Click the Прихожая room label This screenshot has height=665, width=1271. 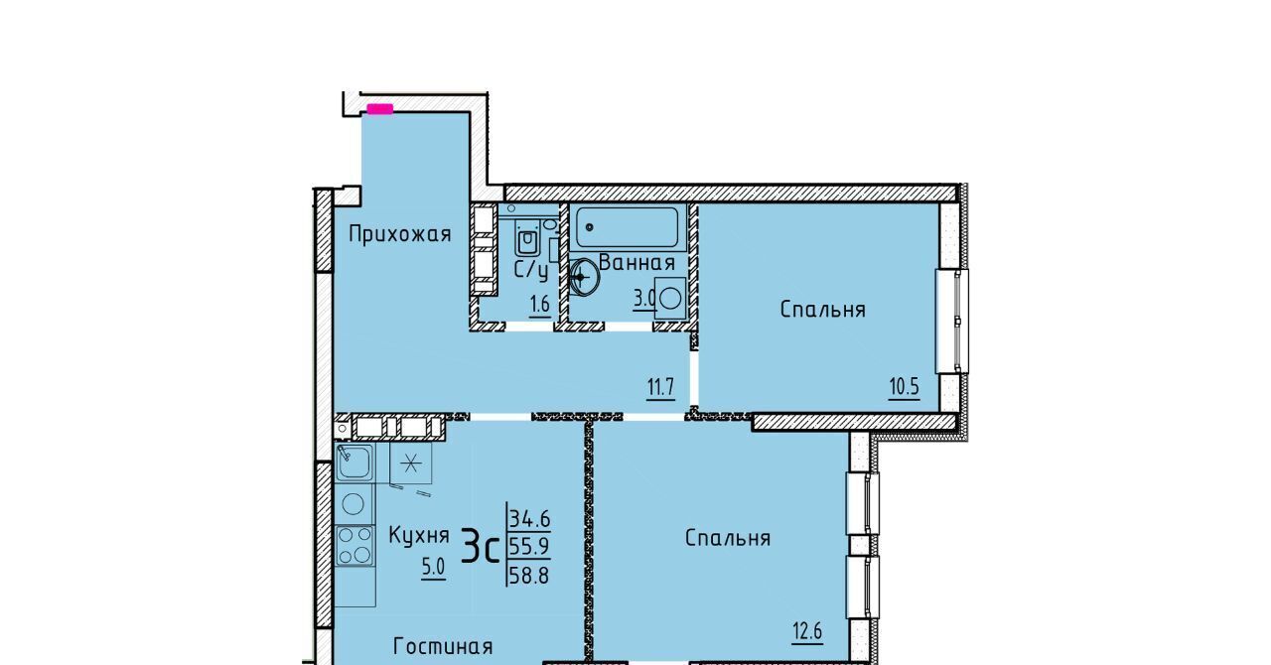click(x=399, y=234)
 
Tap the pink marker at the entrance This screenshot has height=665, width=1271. click(x=379, y=108)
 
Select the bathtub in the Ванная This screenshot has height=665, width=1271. click(x=627, y=227)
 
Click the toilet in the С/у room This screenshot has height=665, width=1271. click(x=527, y=239)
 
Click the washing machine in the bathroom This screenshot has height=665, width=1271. click(x=669, y=298)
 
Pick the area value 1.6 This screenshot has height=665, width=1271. click(x=539, y=305)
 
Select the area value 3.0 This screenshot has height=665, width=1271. click(x=644, y=299)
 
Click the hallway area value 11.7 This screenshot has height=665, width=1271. click(x=661, y=387)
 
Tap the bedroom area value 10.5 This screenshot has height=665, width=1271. click(x=904, y=387)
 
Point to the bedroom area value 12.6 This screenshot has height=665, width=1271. click(x=807, y=631)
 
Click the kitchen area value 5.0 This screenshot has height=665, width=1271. click(x=433, y=567)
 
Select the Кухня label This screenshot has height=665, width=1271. click(x=419, y=535)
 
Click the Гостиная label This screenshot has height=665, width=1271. click(x=443, y=646)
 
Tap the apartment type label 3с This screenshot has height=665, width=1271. click(x=480, y=545)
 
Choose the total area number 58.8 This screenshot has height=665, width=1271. click(x=529, y=576)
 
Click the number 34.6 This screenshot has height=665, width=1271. click(x=530, y=519)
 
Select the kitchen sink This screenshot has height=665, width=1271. click(x=354, y=463)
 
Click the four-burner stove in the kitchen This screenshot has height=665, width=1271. click(x=354, y=545)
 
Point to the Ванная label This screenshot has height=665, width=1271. click(x=636, y=263)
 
